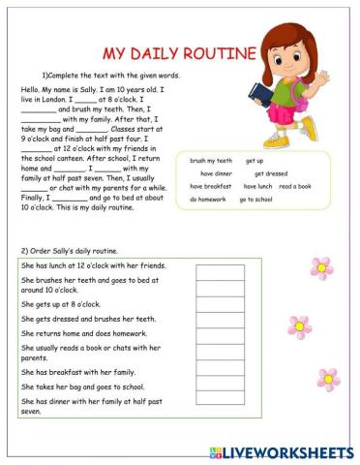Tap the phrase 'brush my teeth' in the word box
(211, 160)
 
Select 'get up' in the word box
(255, 160)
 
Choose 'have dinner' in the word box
(220, 173)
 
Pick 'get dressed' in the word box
(271, 173)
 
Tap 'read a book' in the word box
(295, 186)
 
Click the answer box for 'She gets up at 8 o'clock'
(220, 303)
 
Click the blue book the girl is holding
(258, 92)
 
